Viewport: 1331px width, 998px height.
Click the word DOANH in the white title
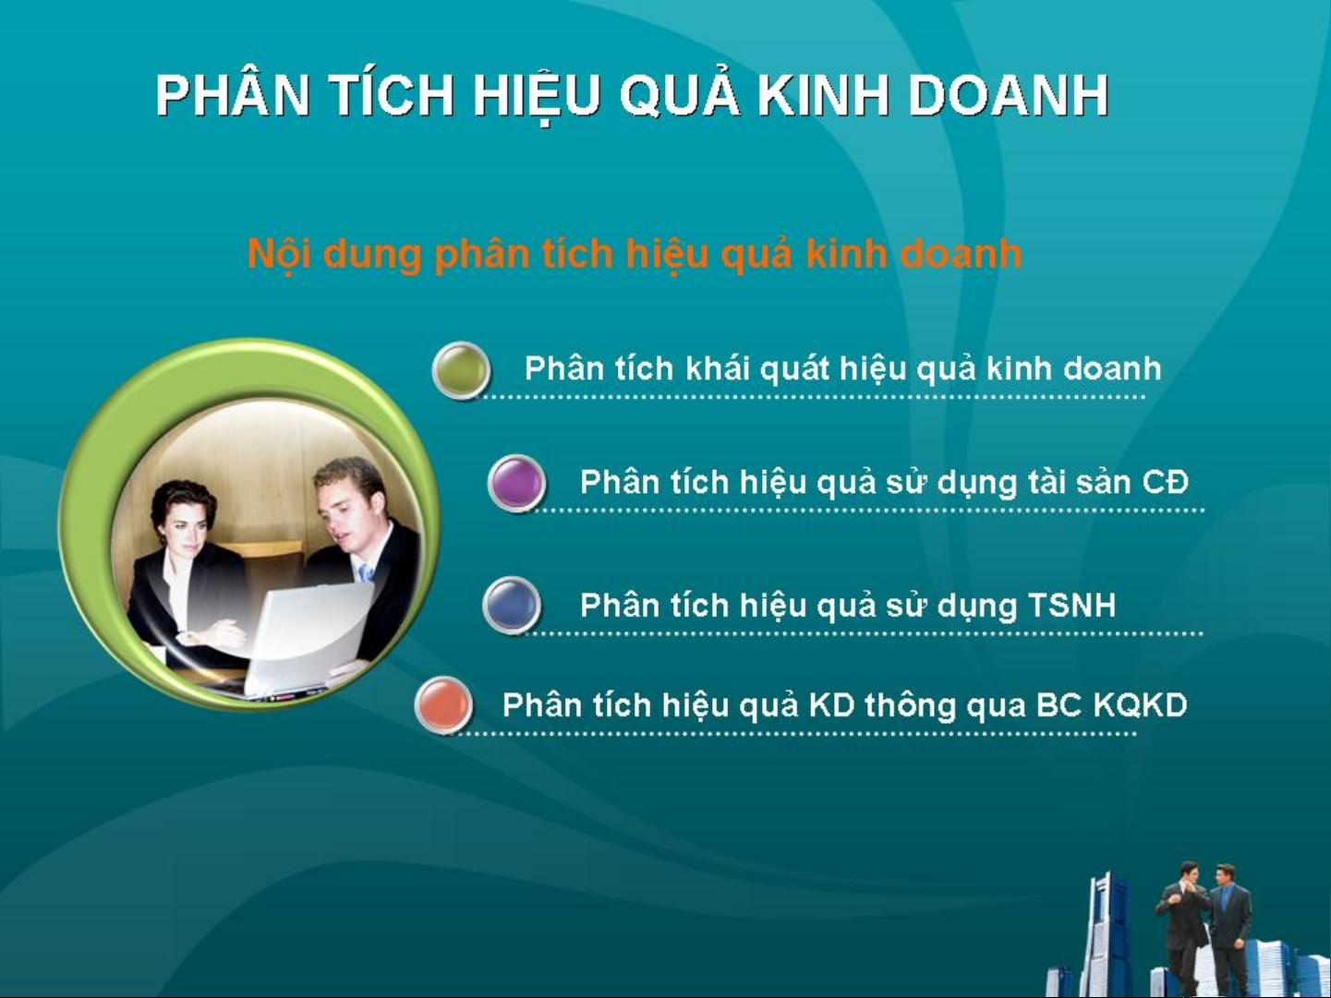[x=1008, y=95]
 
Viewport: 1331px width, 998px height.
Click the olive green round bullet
[x=462, y=369]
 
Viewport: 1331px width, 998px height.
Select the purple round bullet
[x=516, y=483]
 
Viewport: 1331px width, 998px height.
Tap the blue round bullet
[x=512, y=606]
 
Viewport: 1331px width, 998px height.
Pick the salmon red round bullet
[x=444, y=704]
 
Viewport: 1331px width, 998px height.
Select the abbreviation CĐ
[x=1165, y=482]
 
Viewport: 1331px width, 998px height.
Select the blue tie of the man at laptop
[x=366, y=572]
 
